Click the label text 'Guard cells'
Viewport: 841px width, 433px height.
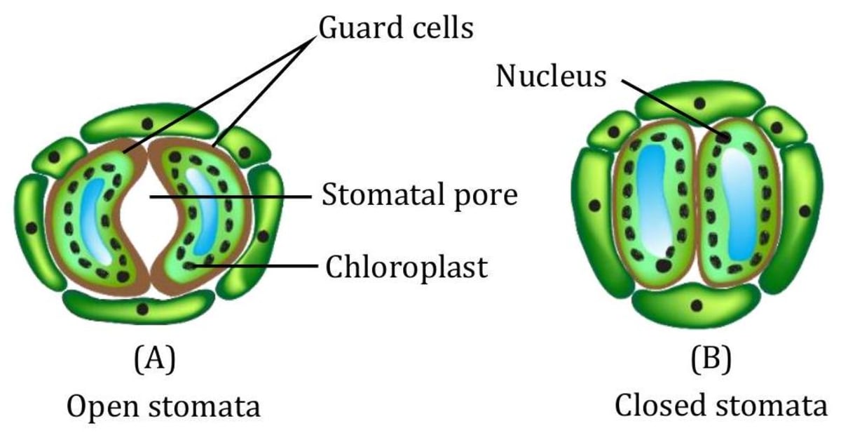pyautogui.click(x=396, y=29)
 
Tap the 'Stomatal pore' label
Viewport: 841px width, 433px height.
pyautogui.click(x=419, y=196)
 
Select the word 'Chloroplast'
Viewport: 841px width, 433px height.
pyautogui.click(x=406, y=267)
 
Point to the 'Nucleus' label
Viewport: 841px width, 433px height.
pyautogui.click(x=551, y=76)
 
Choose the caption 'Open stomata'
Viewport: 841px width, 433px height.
pyautogui.click(x=163, y=406)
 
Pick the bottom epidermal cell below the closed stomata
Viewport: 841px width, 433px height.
pyautogui.click(x=695, y=306)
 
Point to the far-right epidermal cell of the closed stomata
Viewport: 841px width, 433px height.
pyautogui.click(x=805, y=211)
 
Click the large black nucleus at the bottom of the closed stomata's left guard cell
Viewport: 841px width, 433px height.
pyautogui.click(x=662, y=265)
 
